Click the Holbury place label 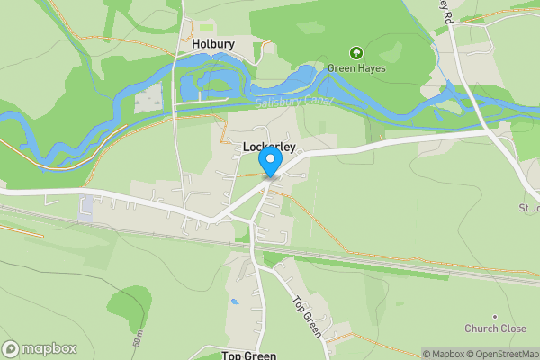pyautogui.click(x=213, y=42)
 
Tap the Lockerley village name pyautogui.click(x=269, y=145)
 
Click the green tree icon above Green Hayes pyautogui.click(x=355, y=53)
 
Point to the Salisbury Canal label pyautogui.click(x=293, y=103)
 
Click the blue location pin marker pyautogui.click(x=270, y=163)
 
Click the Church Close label pyautogui.click(x=495, y=328)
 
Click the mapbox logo pyautogui.click(x=40, y=349)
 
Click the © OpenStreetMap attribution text pyautogui.click(x=504, y=354)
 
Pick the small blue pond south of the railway pyautogui.click(x=235, y=301)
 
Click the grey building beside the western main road pyautogui.click(x=85, y=208)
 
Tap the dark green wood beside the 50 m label pyautogui.click(x=130, y=306)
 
